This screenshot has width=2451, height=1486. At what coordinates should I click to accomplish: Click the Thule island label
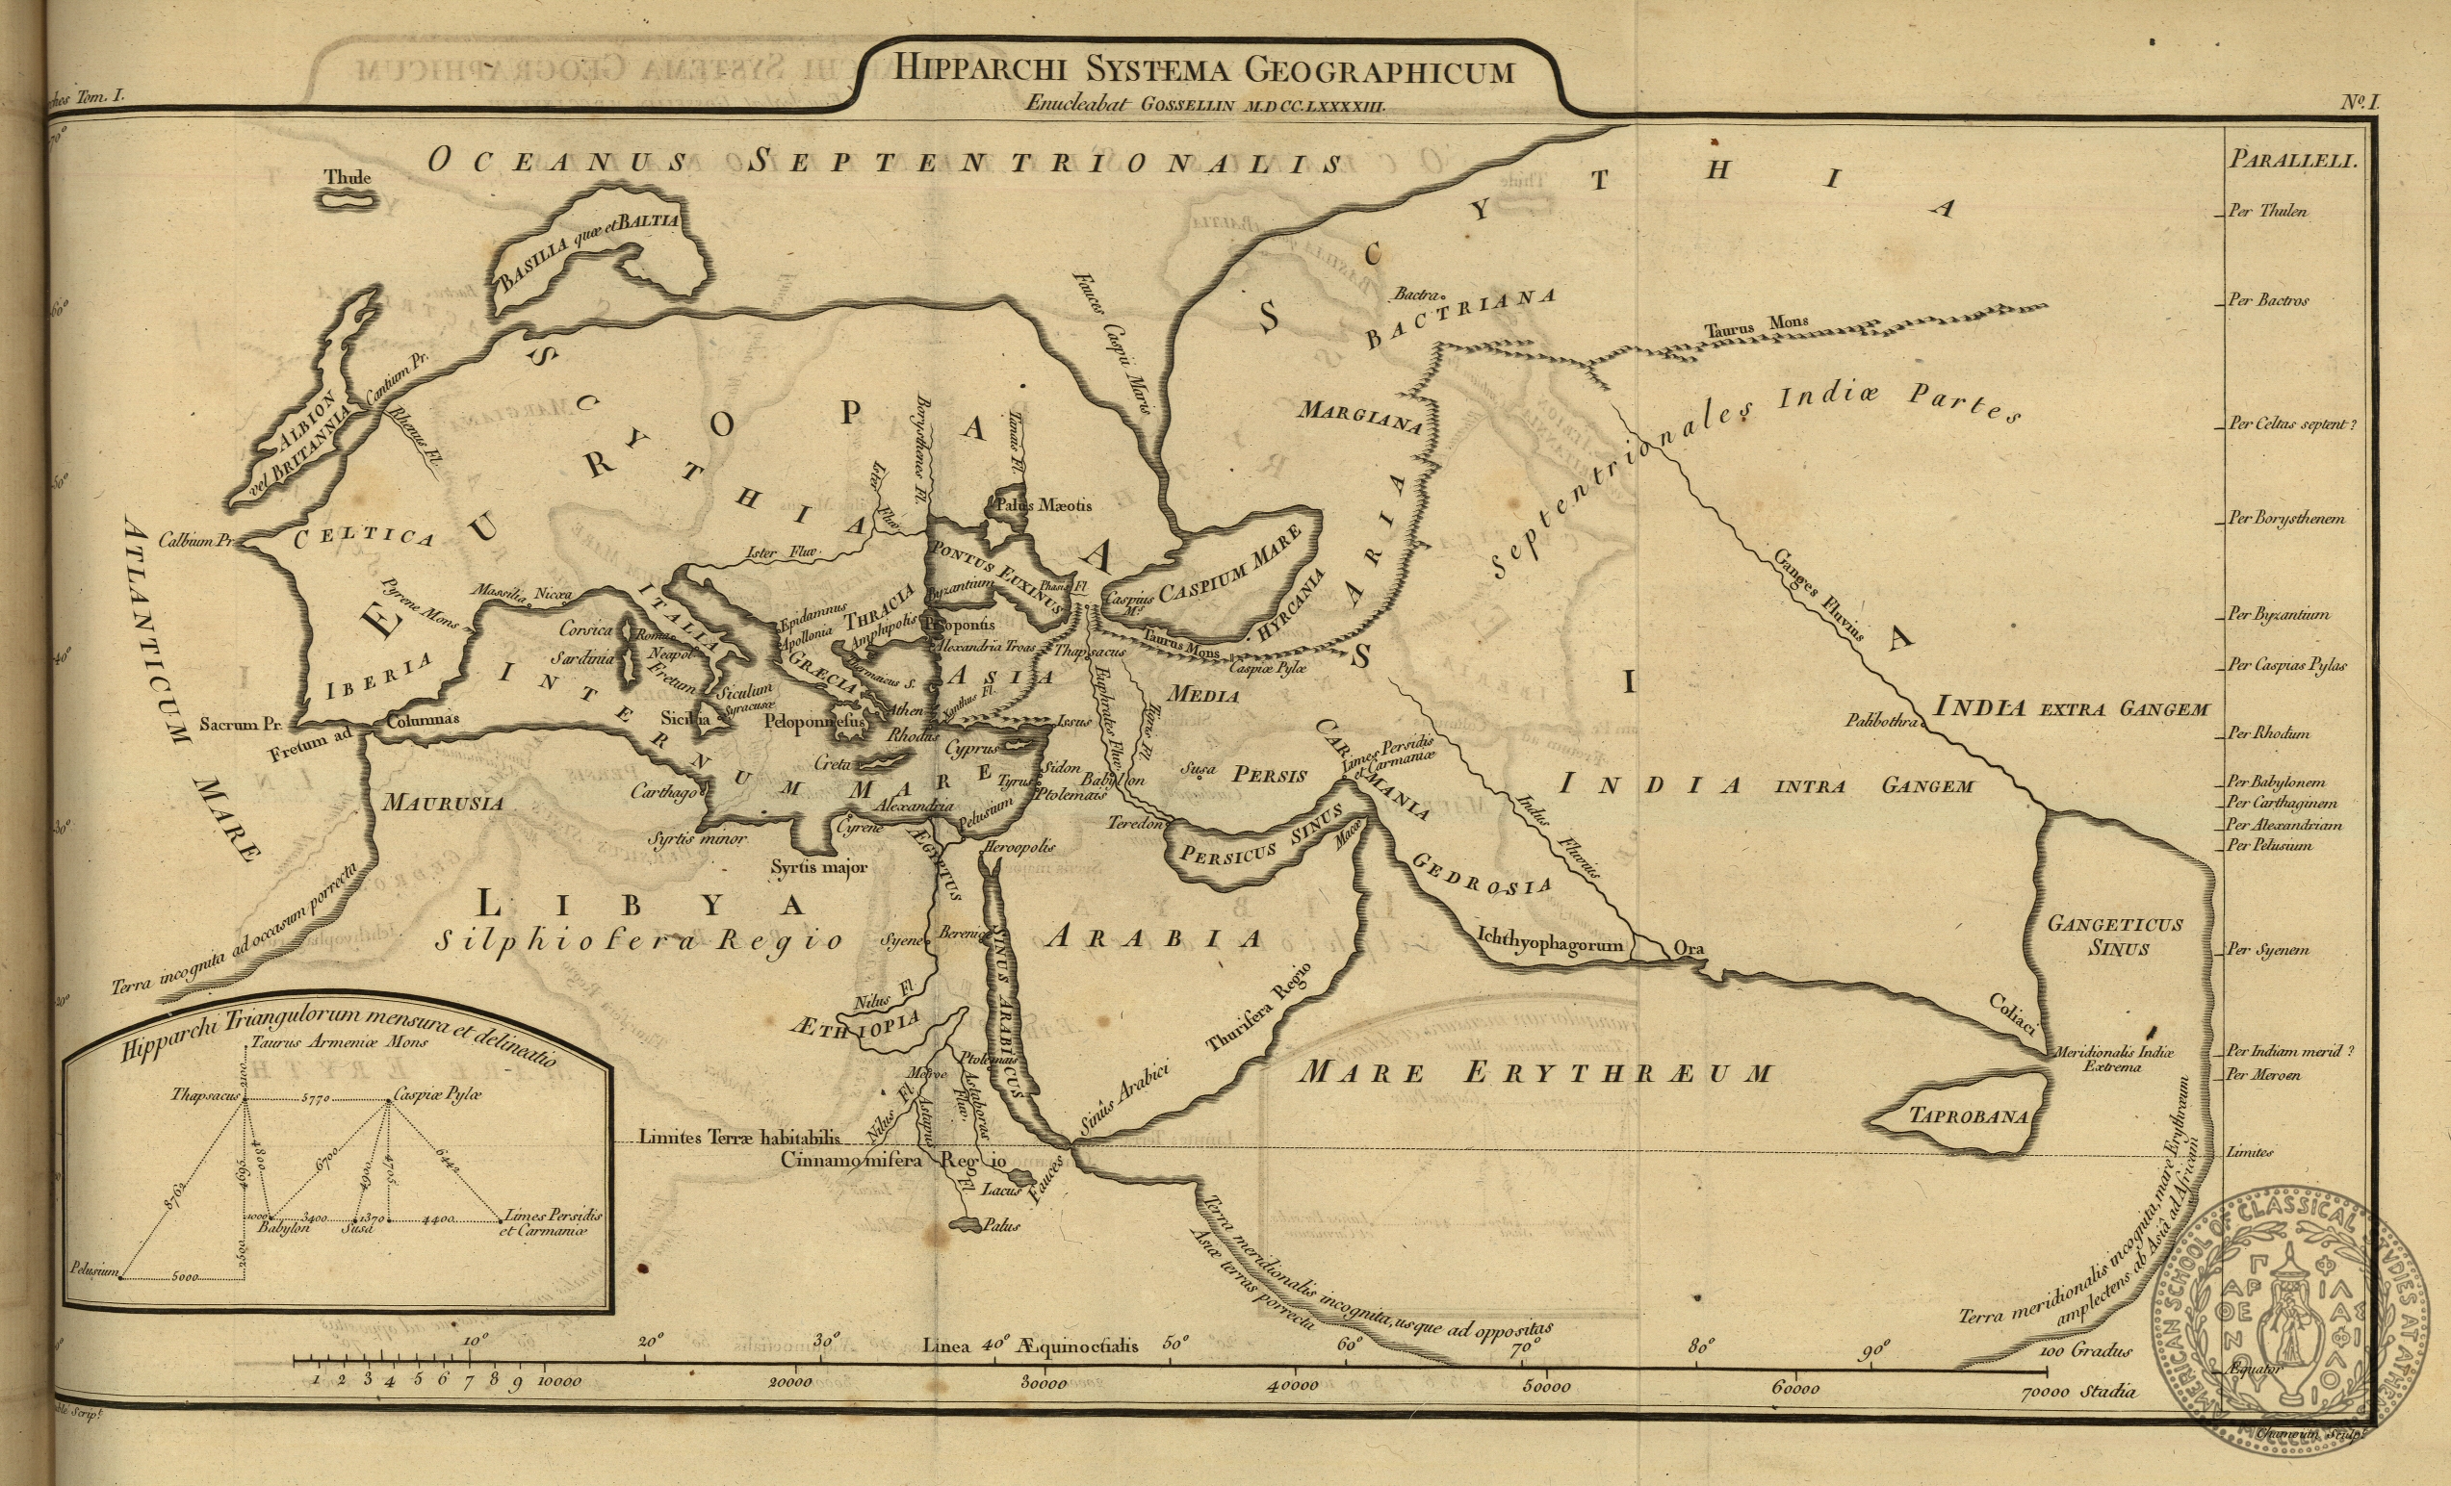coord(348,177)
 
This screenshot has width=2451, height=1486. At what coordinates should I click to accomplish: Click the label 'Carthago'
coord(663,792)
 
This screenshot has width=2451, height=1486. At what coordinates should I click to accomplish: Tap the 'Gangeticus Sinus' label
coord(2114,935)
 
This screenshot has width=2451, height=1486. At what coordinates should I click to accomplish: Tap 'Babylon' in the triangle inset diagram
coord(283,1227)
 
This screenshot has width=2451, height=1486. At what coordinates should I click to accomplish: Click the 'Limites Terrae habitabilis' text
coord(739,1137)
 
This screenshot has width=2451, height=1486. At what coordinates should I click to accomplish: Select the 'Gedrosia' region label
coord(1482,872)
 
